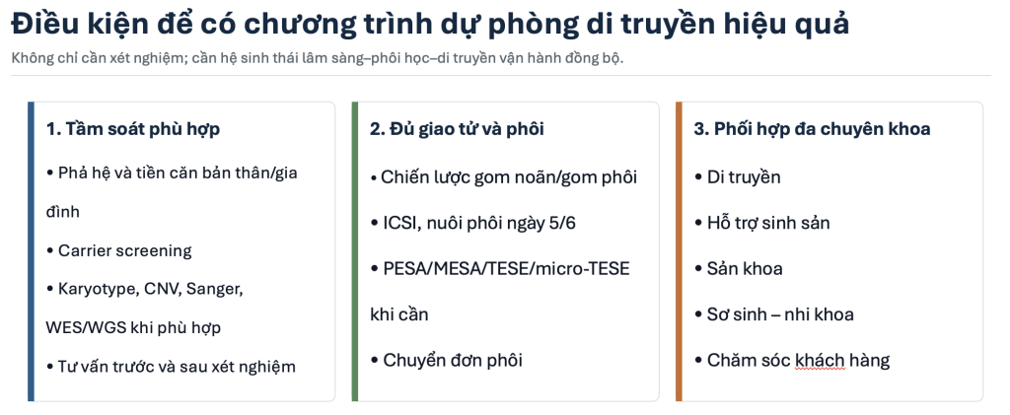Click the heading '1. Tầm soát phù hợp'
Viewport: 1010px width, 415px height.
tap(133, 129)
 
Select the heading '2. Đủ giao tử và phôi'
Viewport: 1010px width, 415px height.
tap(457, 129)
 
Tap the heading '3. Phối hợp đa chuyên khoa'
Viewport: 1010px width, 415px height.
tap(812, 129)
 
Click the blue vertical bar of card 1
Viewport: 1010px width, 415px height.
tap(31, 251)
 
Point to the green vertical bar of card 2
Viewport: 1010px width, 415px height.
tap(355, 251)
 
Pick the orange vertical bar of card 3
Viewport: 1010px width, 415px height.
tap(679, 251)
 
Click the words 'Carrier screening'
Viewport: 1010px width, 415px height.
tap(125, 251)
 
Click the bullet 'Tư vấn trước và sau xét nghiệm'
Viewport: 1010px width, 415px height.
tap(171, 367)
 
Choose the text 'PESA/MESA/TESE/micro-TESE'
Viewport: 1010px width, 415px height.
tap(506, 268)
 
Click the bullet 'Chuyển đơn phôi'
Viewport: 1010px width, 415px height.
tap(447, 361)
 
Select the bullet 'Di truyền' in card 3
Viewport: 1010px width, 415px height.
tap(738, 176)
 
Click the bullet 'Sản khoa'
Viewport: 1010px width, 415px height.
tap(739, 268)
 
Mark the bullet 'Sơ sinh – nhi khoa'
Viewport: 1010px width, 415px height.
tap(774, 314)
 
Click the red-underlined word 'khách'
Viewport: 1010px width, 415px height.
tap(820, 361)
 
